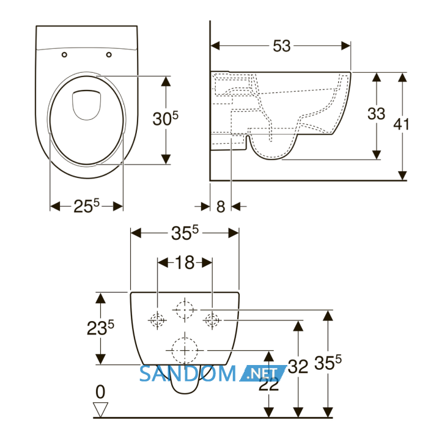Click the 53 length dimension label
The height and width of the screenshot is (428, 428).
pyautogui.click(x=282, y=46)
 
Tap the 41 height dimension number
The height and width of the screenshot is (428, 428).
pyautogui.click(x=401, y=124)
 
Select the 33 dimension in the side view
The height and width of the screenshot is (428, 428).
pyautogui.click(x=376, y=114)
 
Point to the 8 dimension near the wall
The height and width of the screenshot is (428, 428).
pyautogui.click(x=221, y=207)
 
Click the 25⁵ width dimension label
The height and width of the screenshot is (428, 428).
pyautogui.click(x=87, y=206)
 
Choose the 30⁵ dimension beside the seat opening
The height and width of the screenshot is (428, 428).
pyautogui.click(x=166, y=119)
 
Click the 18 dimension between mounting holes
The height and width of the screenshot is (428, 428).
pyautogui.click(x=185, y=262)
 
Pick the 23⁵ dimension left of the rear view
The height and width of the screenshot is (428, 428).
pyautogui.click(x=100, y=328)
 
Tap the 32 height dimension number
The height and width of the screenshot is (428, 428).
pyautogui.click(x=298, y=366)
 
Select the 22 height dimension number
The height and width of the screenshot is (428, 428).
pyautogui.click(x=269, y=385)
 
